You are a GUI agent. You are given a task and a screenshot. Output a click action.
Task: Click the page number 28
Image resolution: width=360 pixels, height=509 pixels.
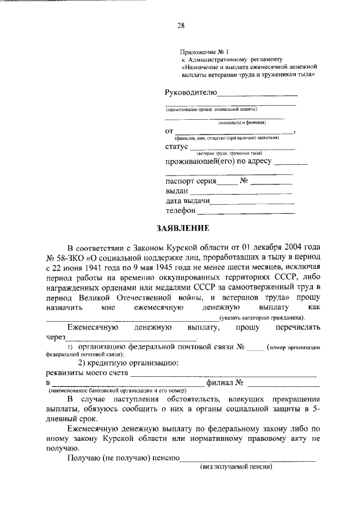tap(180, 25)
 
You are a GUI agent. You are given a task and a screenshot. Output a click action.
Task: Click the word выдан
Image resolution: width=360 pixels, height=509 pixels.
tap(177, 192)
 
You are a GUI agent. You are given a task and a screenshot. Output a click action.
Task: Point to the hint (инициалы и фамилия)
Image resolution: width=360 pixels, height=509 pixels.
tap(242, 122)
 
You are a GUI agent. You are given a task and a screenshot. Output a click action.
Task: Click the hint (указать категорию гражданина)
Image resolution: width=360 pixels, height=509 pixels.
tap(269, 318)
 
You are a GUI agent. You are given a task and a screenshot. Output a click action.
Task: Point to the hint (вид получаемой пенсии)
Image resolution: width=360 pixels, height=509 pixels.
tap(236, 467)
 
